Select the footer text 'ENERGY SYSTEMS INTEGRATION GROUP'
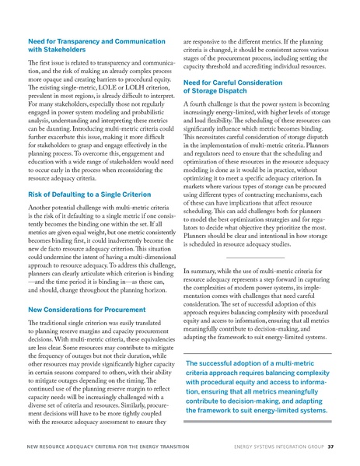click(x=276, y=447)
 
